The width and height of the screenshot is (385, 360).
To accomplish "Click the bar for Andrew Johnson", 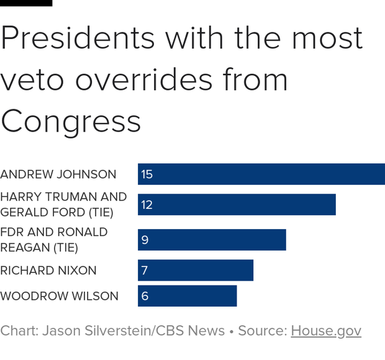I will point(261,174).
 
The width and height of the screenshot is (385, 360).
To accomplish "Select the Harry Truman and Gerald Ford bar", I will point(237,205).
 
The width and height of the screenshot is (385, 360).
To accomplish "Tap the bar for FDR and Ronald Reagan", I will point(212,240).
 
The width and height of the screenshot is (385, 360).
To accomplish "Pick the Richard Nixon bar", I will point(196,271).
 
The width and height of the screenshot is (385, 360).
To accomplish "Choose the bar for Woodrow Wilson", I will point(187,296).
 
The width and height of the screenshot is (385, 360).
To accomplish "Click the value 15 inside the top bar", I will point(147,174).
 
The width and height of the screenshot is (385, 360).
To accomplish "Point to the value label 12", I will point(147,205).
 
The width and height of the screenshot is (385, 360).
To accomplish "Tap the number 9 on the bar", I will point(145,240).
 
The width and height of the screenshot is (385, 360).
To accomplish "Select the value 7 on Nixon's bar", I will point(145,271).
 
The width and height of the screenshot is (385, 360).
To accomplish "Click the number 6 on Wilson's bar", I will point(145,296).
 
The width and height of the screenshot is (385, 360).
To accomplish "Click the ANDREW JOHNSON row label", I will point(58,174).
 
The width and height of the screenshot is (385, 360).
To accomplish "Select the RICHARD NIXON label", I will point(48,271).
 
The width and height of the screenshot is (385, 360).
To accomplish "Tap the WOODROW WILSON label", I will point(59,296).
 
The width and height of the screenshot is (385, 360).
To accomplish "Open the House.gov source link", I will point(325,331).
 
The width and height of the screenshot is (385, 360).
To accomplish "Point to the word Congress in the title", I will point(71,121).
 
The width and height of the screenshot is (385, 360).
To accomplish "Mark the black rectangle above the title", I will point(26,3).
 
